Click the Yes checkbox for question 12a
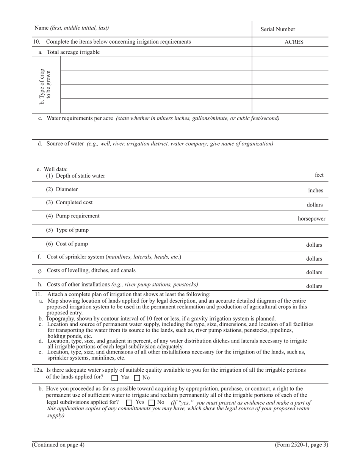[115, 378]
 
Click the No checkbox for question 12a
[137, 378]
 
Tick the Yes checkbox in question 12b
[129, 402]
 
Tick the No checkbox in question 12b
[152, 402]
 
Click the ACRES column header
[294, 42]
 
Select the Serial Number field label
[277, 29]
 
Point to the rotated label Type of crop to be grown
[45, 86]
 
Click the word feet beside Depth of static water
[319, 175]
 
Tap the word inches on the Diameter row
[315, 191]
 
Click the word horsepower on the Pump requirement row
[311, 219]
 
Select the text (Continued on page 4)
[58, 445]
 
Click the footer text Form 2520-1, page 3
[301, 445]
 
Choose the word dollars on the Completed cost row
[315, 205]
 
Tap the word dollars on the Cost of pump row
[314, 245]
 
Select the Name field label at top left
[72, 28]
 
